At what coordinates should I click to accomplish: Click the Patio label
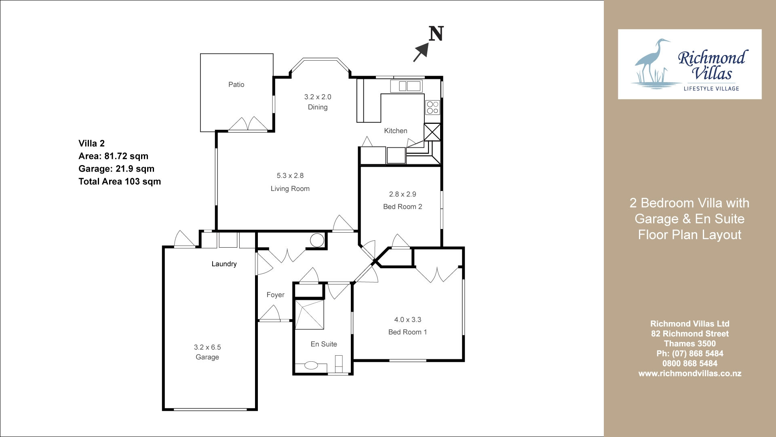pyautogui.click(x=236, y=85)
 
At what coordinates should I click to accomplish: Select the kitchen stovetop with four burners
pyautogui.click(x=432, y=107)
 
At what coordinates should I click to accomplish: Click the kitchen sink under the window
pyautogui.click(x=406, y=86)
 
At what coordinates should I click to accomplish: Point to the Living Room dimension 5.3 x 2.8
pyautogui.click(x=290, y=176)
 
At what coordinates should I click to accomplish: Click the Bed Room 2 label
pyautogui.click(x=403, y=207)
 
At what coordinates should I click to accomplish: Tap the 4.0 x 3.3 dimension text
pyautogui.click(x=408, y=320)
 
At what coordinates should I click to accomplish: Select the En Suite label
pyautogui.click(x=324, y=344)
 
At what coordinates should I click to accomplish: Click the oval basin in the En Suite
pyautogui.click(x=311, y=365)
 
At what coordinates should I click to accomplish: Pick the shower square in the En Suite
pyautogui.click(x=310, y=315)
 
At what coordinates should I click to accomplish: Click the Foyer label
pyautogui.click(x=275, y=295)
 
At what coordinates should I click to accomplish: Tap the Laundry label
pyautogui.click(x=224, y=264)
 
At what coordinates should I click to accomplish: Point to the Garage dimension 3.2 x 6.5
pyautogui.click(x=207, y=347)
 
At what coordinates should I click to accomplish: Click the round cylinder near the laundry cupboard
pyautogui.click(x=317, y=240)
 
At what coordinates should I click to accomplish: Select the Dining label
pyautogui.click(x=318, y=107)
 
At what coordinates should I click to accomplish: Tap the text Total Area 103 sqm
pyautogui.click(x=120, y=182)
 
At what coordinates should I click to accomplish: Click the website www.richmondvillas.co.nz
pyautogui.click(x=690, y=373)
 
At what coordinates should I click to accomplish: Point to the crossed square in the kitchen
pyautogui.click(x=432, y=132)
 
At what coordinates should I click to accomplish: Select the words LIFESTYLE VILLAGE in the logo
pyautogui.click(x=711, y=89)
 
